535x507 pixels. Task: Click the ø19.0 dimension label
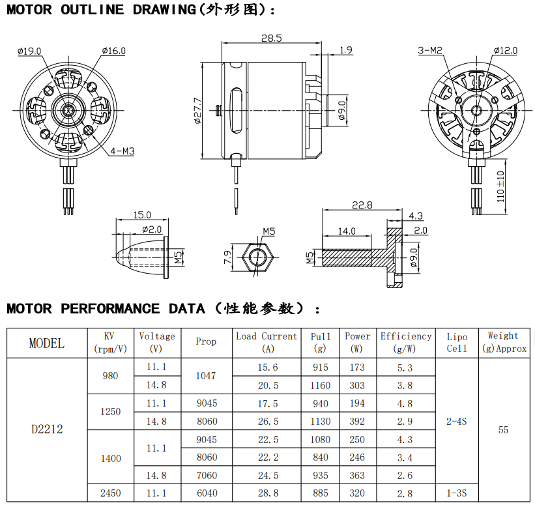(x=29, y=51)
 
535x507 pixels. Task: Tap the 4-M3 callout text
(x=123, y=151)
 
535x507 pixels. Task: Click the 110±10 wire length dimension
(x=500, y=186)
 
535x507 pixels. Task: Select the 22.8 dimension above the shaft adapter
(x=362, y=205)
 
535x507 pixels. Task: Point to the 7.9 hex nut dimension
(x=227, y=257)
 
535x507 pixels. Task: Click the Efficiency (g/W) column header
(x=406, y=342)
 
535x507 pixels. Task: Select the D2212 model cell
(x=47, y=429)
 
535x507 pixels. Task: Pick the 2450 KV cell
(x=111, y=493)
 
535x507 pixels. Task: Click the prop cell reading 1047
(x=207, y=376)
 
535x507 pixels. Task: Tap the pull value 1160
(x=320, y=385)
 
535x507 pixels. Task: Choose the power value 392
(x=357, y=422)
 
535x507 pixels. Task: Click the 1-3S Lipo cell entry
(x=457, y=493)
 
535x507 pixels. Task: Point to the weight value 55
(x=503, y=429)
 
